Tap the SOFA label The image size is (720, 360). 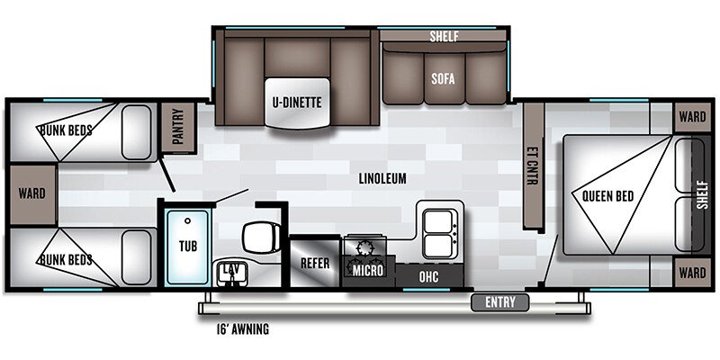point(444,78)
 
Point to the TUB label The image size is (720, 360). point(187,245)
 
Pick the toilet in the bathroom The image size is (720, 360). point(258,237)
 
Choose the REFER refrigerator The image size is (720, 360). point(315,264)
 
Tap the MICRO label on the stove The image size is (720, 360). point(369,270)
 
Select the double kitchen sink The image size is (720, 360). point(439,229)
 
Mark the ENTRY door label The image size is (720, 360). point(500,301)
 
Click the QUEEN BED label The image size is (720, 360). point(603,196)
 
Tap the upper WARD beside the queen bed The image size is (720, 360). point(692,116)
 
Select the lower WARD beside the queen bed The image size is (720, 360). point(692,272)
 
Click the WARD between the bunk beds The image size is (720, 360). point(30,195)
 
